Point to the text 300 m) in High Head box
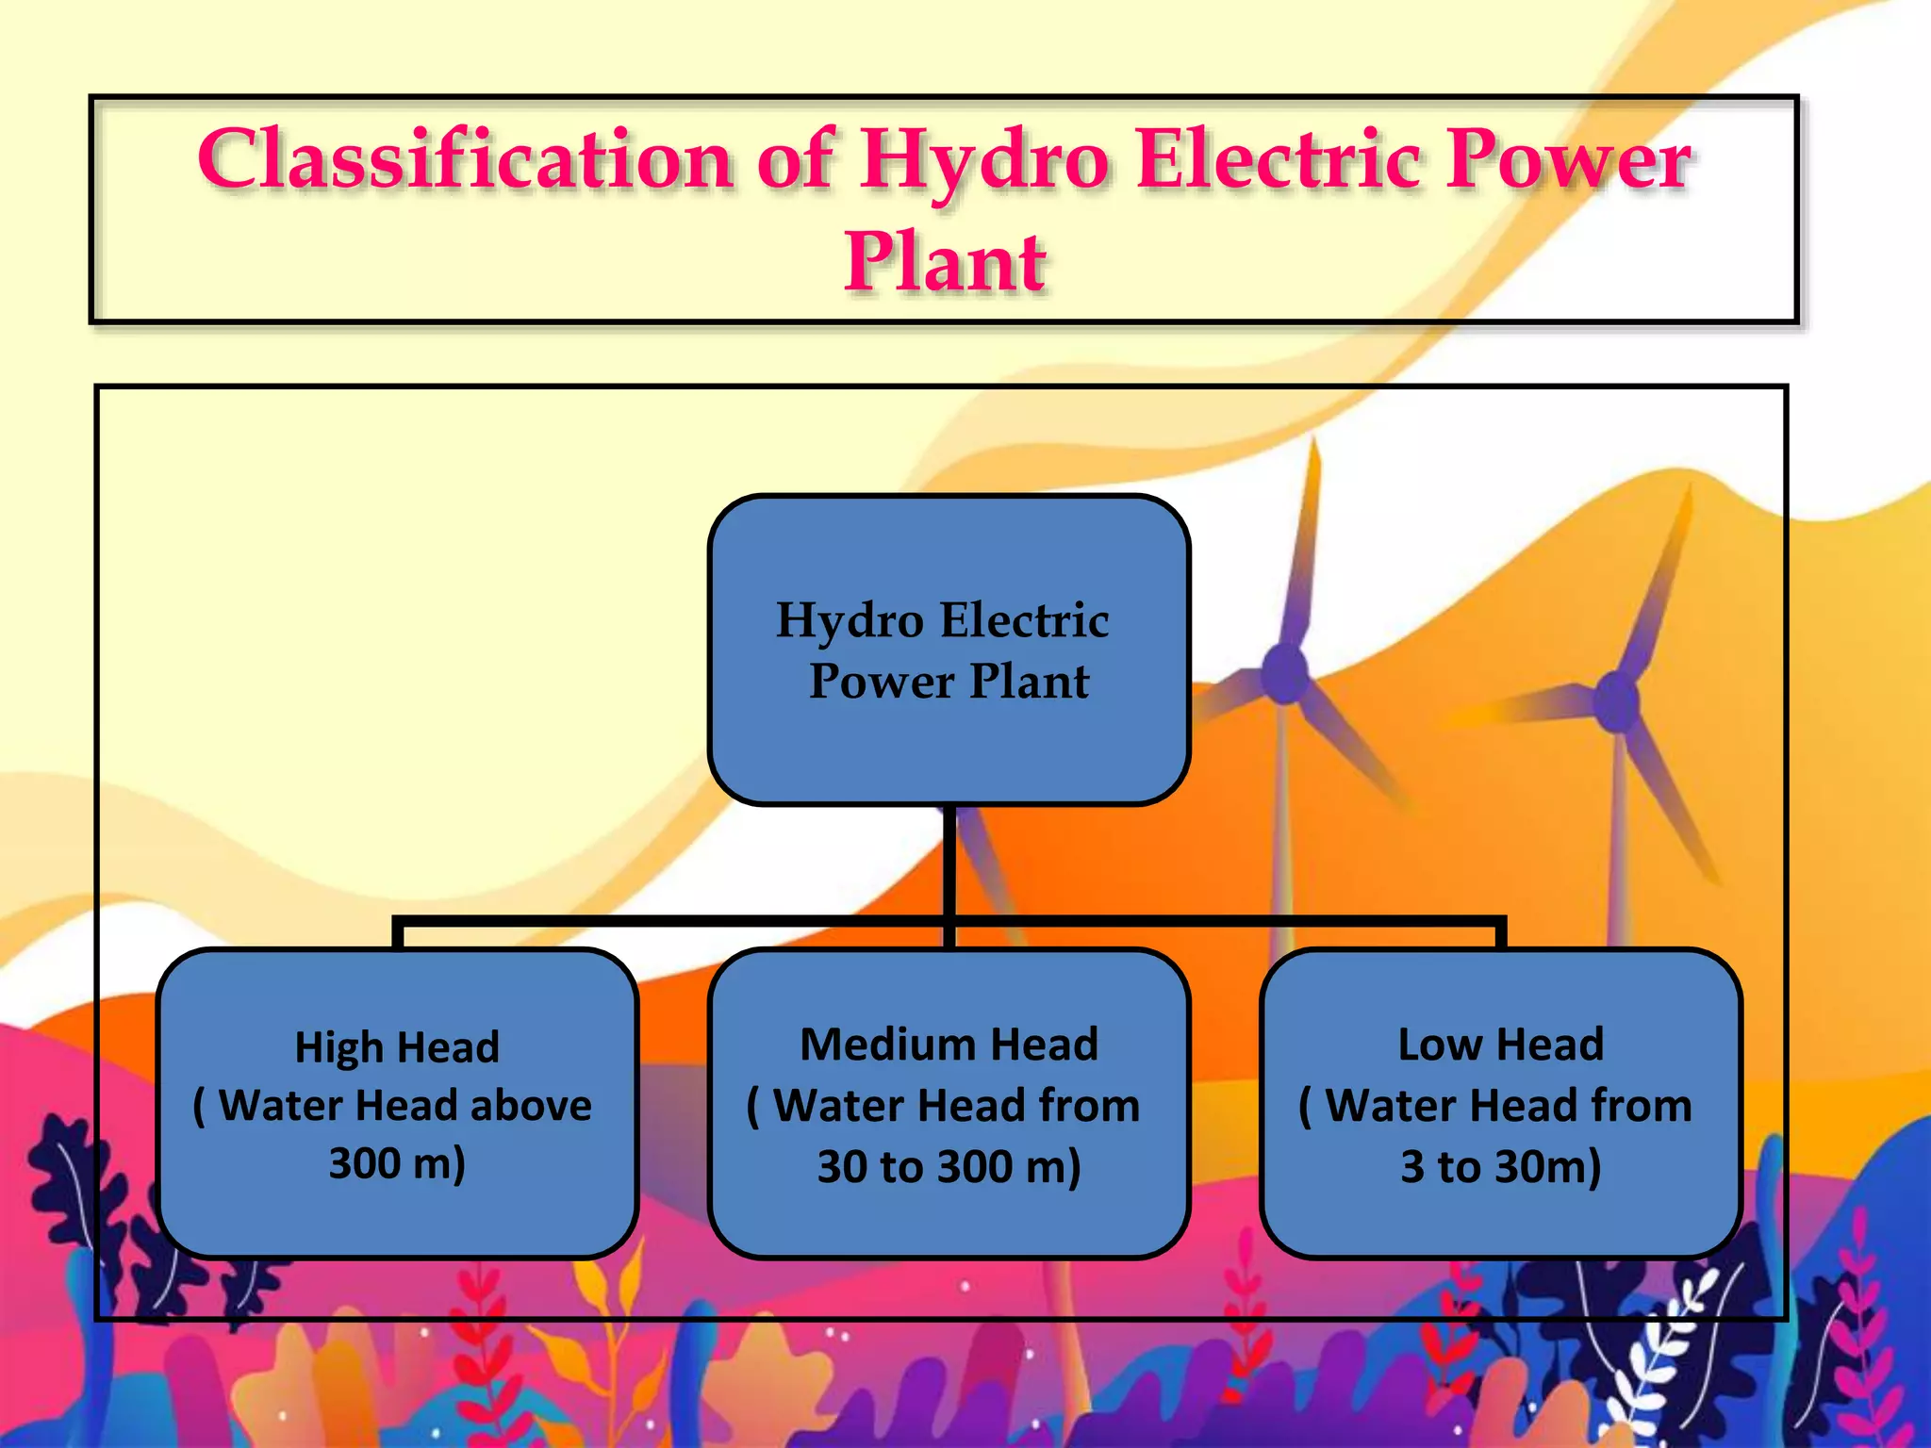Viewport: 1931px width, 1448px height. pos(397,1163)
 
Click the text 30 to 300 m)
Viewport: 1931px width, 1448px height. pos(949,1166)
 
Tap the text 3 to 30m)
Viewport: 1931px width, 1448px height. pos(1500,1166)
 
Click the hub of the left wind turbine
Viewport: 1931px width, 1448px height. pos(1284,672)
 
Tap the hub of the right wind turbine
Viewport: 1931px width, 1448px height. pos(1616,701)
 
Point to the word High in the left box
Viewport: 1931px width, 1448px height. pos(338,1047)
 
